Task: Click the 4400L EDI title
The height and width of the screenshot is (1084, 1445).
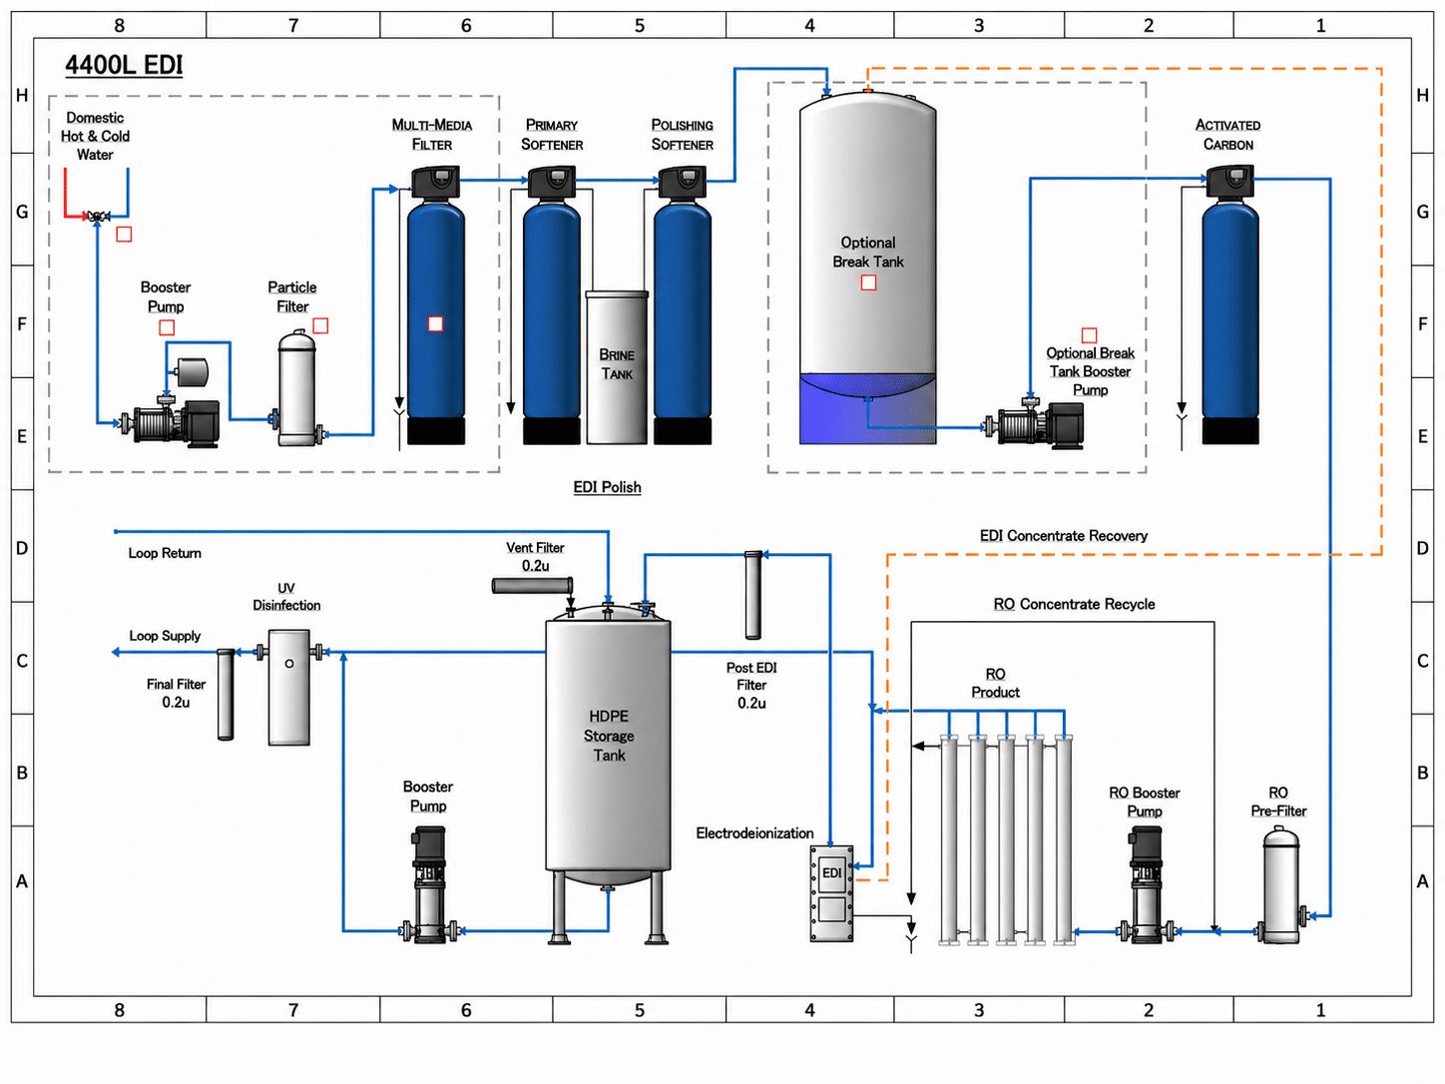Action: click(124, 65)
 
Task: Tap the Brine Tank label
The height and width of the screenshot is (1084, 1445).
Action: click(616, 364)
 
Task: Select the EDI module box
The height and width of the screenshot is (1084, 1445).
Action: click(831, 893)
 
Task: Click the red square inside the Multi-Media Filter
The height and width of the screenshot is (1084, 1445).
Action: click(435, 323)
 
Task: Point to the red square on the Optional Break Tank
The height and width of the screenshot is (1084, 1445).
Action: click(868, 282)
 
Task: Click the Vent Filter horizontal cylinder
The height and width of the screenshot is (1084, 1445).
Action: click(532, 585)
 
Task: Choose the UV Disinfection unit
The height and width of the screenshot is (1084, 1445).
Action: click(289, 687)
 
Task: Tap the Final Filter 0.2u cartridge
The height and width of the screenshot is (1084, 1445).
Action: click(226, 695)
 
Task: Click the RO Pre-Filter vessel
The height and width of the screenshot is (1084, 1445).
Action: click(1281, 885)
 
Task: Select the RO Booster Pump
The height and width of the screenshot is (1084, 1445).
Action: click(1146, 885)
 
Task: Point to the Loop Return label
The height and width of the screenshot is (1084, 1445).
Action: click(165, 553)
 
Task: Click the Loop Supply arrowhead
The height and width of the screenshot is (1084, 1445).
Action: click(116, 652)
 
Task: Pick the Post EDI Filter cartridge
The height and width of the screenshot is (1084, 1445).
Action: click(753, 595)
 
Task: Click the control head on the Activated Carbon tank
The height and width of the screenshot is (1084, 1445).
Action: click(1229, 182)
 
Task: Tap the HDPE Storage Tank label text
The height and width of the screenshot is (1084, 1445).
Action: click(609, 736)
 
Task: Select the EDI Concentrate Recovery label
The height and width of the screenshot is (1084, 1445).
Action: click(1063, 536)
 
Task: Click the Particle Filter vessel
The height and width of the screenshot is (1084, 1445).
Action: click(297, 388)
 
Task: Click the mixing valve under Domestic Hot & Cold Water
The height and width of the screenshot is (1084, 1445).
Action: click(98, 216)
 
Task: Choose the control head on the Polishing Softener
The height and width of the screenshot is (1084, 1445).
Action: click(682, 182)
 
